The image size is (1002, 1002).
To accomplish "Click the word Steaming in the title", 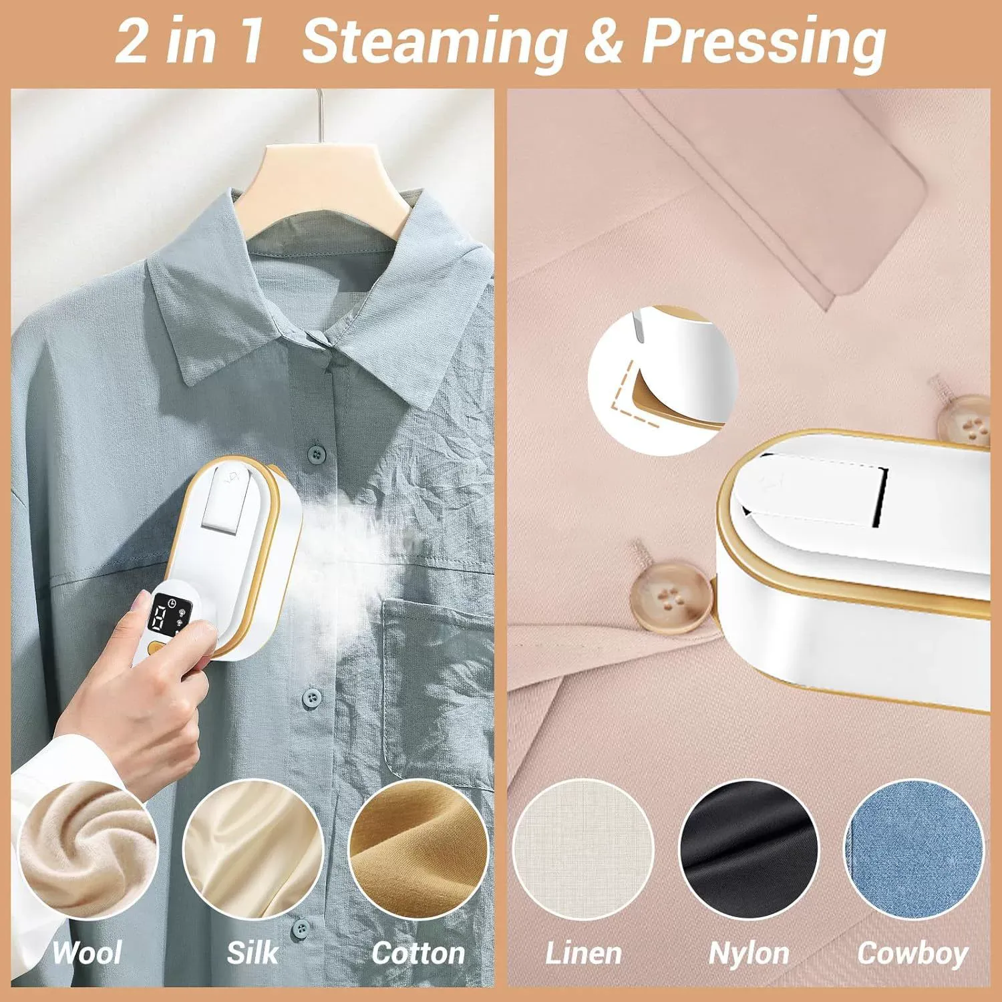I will pyautogui.click(x=434, y=41).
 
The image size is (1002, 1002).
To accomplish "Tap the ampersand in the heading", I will pyautogui.click(x=604, y=41).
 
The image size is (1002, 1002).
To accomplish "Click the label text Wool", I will pyautogui.click(x=88, y=952).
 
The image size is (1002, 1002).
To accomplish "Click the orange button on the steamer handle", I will pyautogui.click(x=158, y=647).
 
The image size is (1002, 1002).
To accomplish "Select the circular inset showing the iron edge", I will pyautogui.click(x=662, y=381).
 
